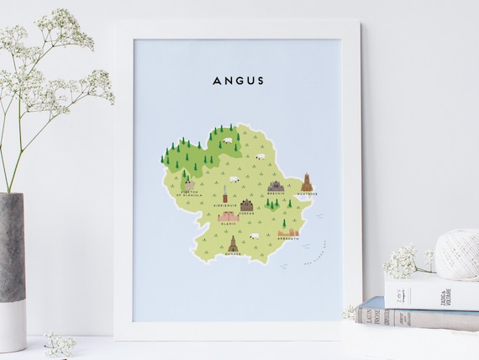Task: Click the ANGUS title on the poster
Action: pos(238,81)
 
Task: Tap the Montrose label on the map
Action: pos(307,193)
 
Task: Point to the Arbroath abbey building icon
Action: pos(288,234)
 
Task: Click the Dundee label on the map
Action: pos(232,254)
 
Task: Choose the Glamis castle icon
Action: pos(228,215)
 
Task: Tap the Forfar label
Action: pos(246,213)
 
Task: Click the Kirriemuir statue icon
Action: pos(225,194)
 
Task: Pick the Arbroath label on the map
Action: pos(287,242)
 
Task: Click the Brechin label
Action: pos(276,193)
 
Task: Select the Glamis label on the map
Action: pos(228,224)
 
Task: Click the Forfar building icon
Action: pos(246,204)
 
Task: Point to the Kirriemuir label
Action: pos(225,204)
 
